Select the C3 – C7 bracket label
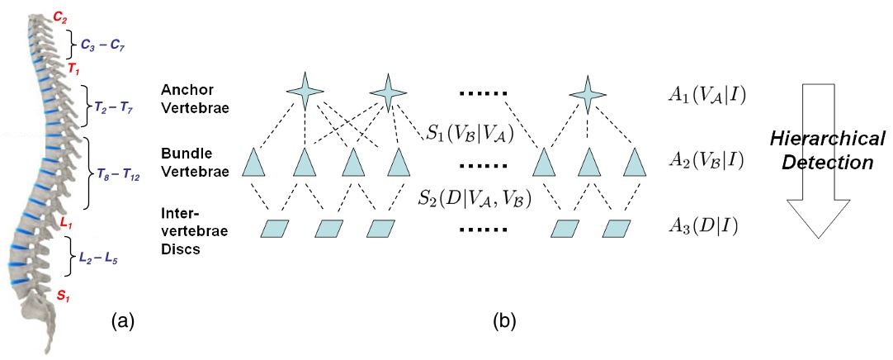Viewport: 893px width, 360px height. tap(102, 45)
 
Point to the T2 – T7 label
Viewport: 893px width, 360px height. tap(116, 107)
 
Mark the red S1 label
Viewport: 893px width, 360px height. tap(63, 291)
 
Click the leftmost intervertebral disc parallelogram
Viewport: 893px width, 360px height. tap(276, 227)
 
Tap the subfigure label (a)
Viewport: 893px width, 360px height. tap(121, 320)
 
